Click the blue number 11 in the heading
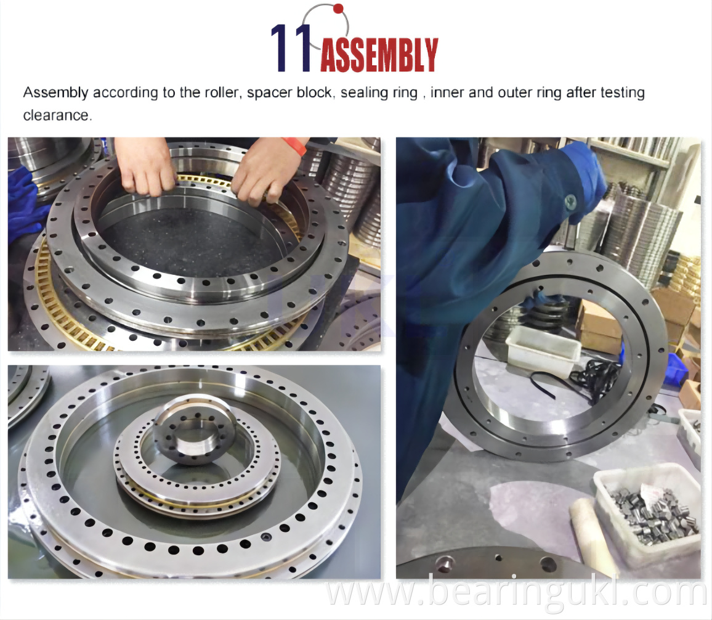point(291,47)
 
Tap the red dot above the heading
point(338,8)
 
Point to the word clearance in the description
point(57,115)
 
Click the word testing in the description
point(622,92)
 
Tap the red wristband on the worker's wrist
point(294,145)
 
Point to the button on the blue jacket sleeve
point(570,200)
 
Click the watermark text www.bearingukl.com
point(516,592)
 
